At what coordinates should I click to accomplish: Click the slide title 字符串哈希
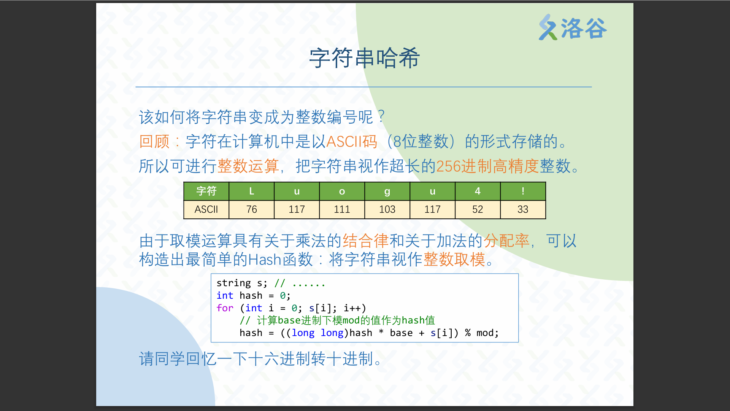365,58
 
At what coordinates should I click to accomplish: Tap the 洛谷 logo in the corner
573,27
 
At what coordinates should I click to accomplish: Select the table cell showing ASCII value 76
251,209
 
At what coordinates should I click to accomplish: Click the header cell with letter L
251,191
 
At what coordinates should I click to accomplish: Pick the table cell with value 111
342,209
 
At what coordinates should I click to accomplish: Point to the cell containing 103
387,209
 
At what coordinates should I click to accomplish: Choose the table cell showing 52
478,209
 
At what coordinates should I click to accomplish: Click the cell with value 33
523,209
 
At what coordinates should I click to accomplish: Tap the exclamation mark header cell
523,191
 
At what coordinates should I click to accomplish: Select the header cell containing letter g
387,191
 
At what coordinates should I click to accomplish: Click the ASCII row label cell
206,209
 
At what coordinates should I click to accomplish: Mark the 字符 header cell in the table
206,191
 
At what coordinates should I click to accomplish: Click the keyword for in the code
225,308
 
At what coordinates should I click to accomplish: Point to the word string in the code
233,283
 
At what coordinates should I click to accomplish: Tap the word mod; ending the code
487,333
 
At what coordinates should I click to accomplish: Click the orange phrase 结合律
366,241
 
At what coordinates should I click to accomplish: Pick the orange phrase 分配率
506,241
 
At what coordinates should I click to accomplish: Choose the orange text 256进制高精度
487,166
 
